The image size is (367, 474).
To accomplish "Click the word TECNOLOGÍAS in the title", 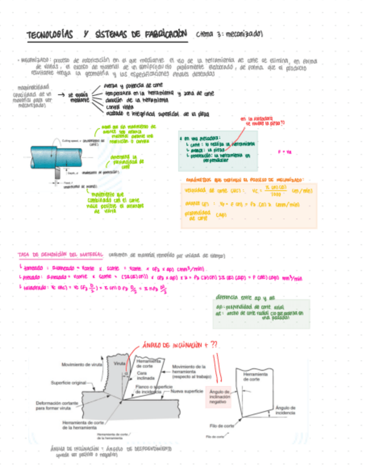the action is point(50,35).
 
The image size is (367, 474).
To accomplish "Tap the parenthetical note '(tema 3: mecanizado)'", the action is point(229,35).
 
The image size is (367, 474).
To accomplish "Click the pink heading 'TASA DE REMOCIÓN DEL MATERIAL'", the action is point(60,255).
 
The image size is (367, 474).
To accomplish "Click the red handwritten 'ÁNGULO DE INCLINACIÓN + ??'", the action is point(180,345).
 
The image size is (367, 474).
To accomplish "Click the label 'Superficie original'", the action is point(68,382).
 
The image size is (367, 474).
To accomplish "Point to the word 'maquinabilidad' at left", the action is point(33,87).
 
